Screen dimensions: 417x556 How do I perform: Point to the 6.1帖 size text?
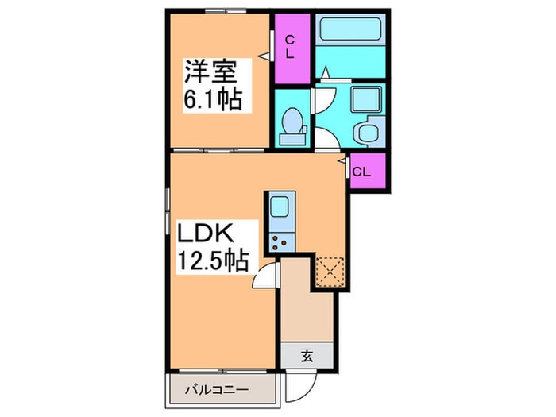click(x=212, y=101)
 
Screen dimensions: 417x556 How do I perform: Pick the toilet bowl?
click(x=292, y=122)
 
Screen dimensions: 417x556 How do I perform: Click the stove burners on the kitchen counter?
click(x=280, y=242)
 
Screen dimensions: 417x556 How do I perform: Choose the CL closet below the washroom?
click(x=362, y=172)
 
